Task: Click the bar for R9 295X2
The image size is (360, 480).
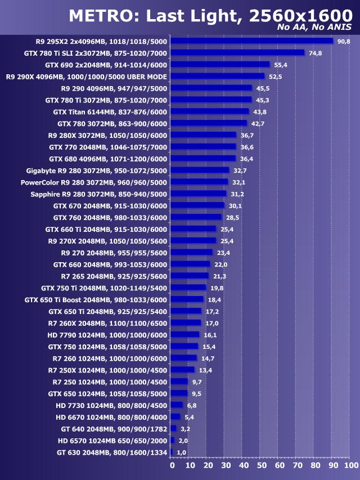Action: (x=251, y=41)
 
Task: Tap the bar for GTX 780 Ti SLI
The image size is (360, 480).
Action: (x=237, y=53)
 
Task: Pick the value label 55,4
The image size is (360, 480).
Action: (x=281, y=65)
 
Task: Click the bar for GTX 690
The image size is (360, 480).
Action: (x=220, y=65)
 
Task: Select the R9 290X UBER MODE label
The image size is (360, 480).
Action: (x=87, y=77)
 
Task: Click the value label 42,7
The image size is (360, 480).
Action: (x=258, y=123)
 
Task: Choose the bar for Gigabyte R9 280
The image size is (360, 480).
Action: (x=200, y=170)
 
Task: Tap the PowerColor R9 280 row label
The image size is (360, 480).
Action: (x=94, y=182)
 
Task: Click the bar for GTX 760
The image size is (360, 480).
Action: (x=196, y=217)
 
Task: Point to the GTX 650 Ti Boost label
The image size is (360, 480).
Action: (x=96, y=299)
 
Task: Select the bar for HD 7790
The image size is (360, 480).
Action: (x=185, y=334)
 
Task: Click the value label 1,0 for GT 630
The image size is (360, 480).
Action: (x=182, y=452)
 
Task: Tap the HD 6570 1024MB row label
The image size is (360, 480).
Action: (x=112, y=440)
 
